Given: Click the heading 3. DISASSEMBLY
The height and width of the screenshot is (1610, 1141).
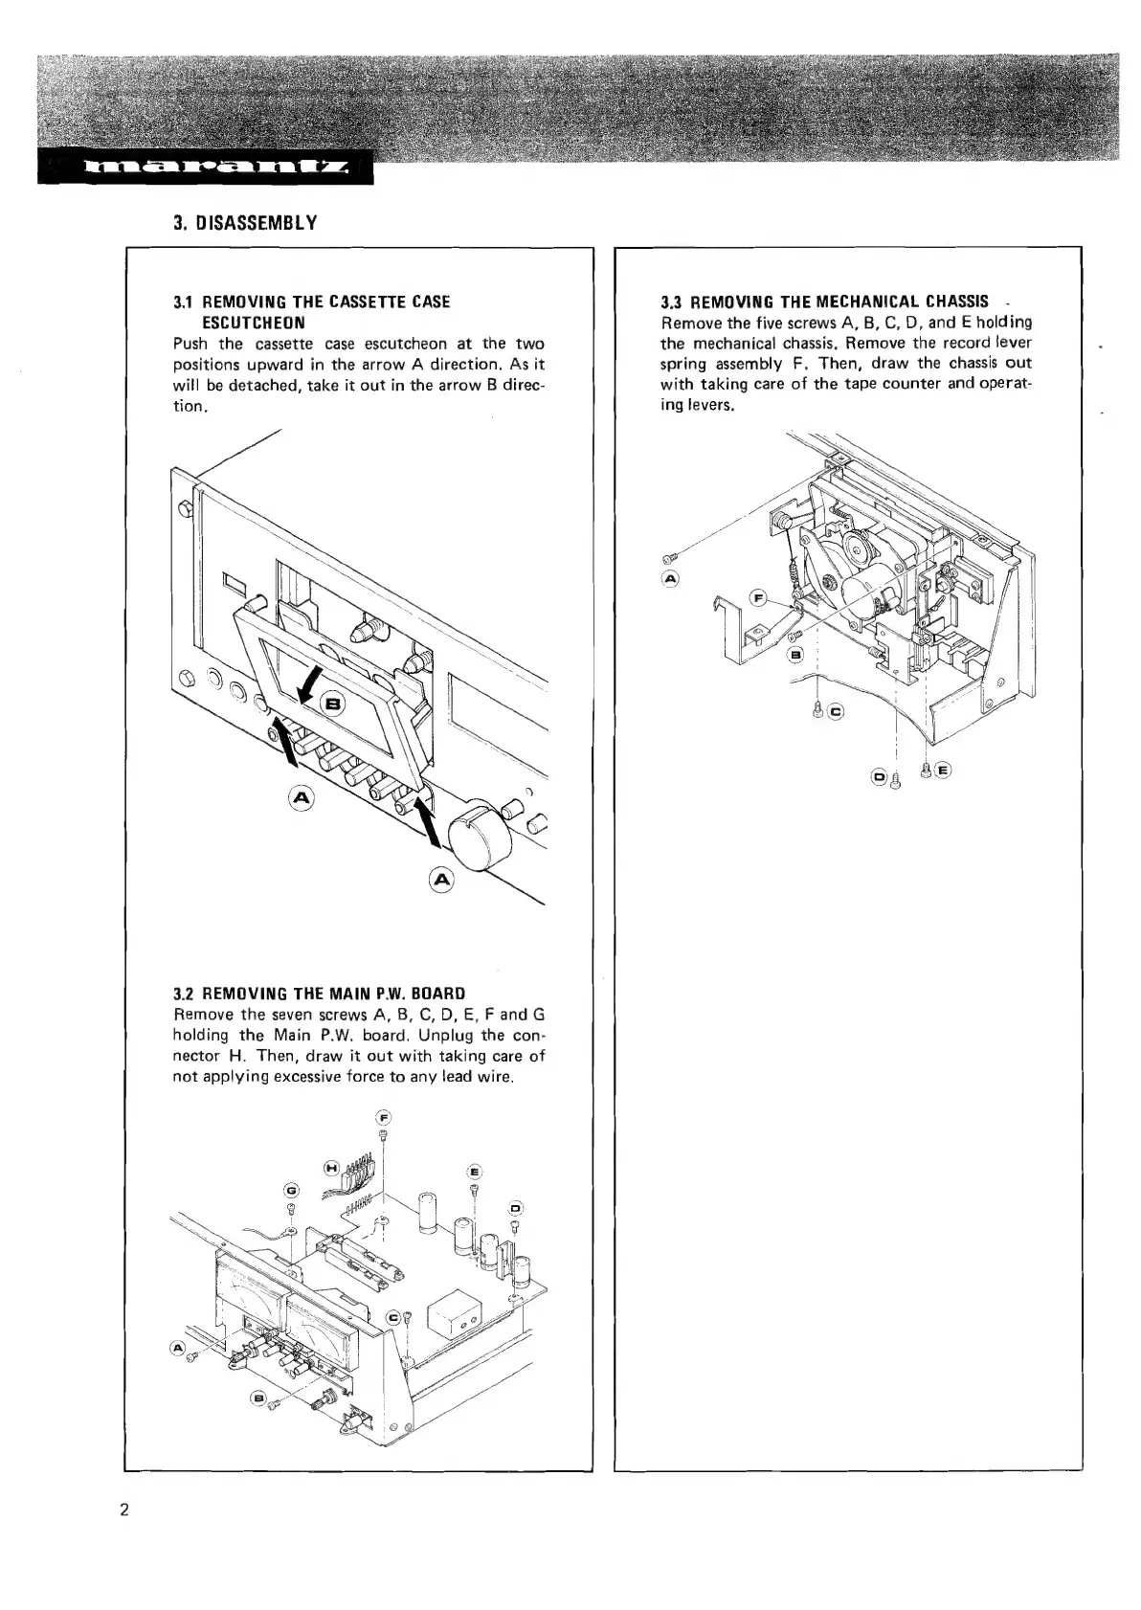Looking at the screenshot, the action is pyautogui.click(x=245, y=224).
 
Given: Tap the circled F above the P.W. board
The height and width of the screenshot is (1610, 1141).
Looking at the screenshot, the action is pyautogui.click(x=383, y=1117).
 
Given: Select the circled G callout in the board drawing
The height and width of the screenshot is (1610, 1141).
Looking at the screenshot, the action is pyautogui.click(x=292, y=1190).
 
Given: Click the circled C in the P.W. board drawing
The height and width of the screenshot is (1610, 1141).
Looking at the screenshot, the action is pyautogui.click(x=392, y=1318).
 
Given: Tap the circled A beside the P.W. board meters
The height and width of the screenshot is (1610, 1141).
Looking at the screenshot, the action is pyautogui.click(x=177, y=1349).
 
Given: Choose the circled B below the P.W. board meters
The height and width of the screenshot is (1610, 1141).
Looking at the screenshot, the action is pyautogui.click(x=256, y=1398).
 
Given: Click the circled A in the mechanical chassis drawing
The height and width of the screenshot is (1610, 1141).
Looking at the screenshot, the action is pyautogui.click(x=670, y=578).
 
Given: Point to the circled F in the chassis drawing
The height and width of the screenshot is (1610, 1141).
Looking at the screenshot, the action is pyautogui.click(x=758, y=598).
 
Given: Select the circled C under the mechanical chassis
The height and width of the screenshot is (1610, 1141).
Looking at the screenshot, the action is pyautogui.click(x=836, y=711).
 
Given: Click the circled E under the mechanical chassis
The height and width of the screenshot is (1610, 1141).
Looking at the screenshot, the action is pyautogui.click(x=943, y=770).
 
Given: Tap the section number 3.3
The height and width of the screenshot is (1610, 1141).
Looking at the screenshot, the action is pyautogui.click(x=672, y=302).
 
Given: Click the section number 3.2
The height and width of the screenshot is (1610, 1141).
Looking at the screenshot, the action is pyautogui.click(x=183, y=993).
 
